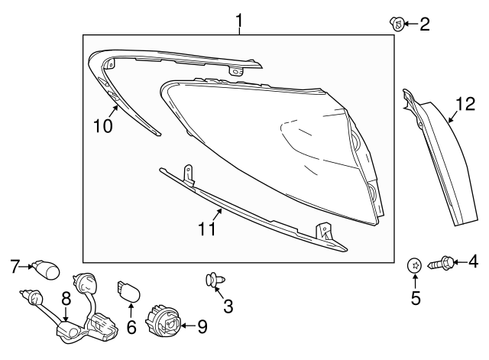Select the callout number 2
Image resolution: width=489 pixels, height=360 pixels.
click(423, 24)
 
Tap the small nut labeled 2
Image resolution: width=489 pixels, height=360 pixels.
click(397, 24)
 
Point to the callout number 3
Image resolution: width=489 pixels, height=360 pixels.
click(228, 307)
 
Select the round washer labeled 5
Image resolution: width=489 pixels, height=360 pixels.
click(415, 265)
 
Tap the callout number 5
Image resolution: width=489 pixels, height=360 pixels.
click(416, 297)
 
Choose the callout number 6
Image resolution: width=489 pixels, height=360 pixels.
click(130, 329)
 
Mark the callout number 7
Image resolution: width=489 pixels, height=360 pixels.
click(14, 267)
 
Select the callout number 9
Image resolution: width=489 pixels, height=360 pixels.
click(202, 328)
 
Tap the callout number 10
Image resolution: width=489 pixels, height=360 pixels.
click(102, 125)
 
